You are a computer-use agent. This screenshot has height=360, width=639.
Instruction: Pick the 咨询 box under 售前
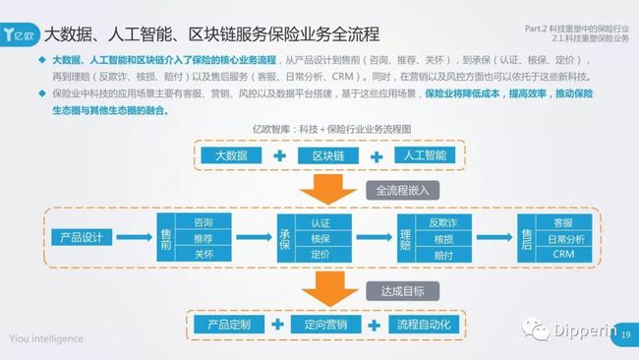pos(203,222)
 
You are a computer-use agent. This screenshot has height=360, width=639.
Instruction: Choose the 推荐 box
pos(203,239)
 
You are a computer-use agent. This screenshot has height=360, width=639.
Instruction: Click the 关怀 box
pos(203,255)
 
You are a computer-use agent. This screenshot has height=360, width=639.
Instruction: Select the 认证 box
pos(320,222)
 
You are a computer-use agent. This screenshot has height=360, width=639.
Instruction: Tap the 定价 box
pos(320,255)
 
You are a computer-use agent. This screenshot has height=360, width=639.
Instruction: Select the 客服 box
pos(563,222)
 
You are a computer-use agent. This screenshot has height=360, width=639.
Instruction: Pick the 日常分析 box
pos(563,239)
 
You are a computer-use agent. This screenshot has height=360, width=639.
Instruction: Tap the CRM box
pos(563,255)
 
